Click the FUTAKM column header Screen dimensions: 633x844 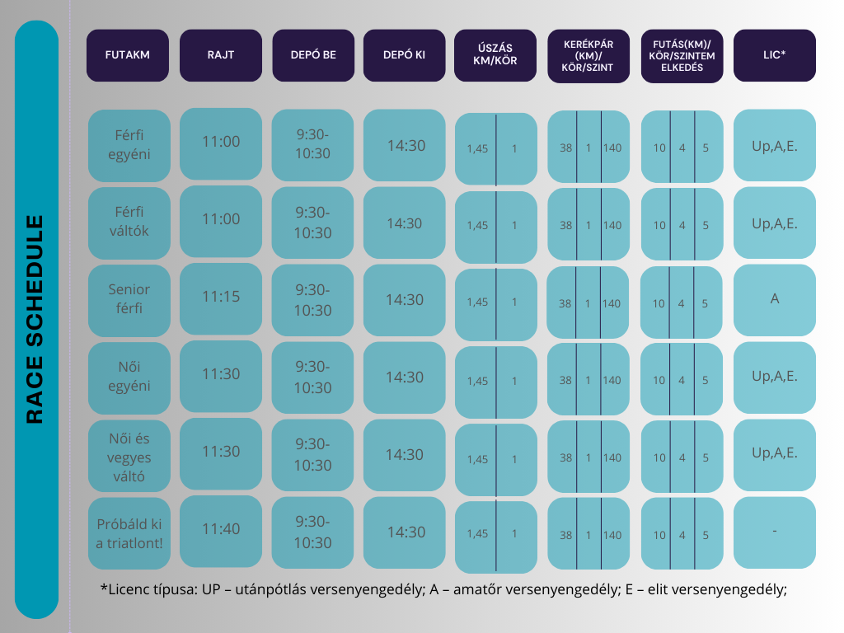127,55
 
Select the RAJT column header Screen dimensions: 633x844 221,55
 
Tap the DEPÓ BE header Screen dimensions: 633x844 313,55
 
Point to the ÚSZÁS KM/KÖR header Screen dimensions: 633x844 495,55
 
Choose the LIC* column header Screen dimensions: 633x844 774,55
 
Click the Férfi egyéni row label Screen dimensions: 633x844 129,144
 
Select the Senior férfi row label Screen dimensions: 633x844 129,299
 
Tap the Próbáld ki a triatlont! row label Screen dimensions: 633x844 129,533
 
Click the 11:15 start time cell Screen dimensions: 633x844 221,297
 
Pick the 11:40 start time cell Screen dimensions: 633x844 221,529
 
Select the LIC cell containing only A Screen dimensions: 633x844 774,299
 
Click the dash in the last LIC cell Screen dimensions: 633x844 774,532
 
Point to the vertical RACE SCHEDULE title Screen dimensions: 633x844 35,319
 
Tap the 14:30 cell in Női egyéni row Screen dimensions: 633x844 405,377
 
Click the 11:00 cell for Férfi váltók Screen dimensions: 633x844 221,219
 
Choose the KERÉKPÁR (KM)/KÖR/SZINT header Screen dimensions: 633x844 588,55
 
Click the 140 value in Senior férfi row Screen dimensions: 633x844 611,303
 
